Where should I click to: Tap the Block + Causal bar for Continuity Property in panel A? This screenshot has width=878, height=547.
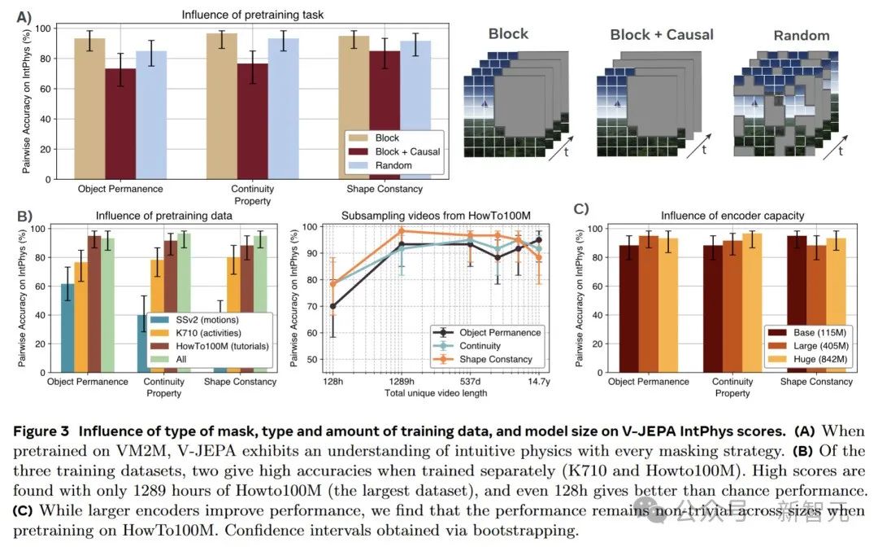tap(252, 121)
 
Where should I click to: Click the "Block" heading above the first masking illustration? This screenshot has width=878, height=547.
tap(508, 34)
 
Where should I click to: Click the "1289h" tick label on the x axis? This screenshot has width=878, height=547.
tap(402, 382)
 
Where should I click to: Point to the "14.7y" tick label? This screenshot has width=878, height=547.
tap(538, 382)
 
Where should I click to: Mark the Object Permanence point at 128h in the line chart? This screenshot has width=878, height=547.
tap(333, 307)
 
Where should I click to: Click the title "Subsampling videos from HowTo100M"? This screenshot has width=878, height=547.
tap(436, 215)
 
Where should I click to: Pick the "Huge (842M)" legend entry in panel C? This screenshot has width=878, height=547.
tap(806, 359)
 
